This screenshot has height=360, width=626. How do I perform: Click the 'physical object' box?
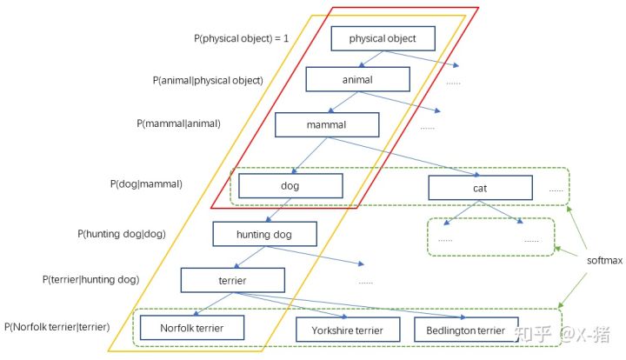[383, 39]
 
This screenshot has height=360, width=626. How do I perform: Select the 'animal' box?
[356, 80]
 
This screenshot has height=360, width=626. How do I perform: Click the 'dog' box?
[289, 185]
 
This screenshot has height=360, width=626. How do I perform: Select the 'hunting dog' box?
[264, 235]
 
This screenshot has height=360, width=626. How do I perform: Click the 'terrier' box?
[232, 281]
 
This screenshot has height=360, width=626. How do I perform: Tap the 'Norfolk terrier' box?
[192, 328]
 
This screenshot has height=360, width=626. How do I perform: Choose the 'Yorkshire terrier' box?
[347, 330]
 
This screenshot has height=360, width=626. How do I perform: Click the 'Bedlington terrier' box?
[460, 330]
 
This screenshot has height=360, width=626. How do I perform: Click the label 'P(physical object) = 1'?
[241, 39]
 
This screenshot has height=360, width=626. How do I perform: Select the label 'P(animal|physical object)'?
[207, 80]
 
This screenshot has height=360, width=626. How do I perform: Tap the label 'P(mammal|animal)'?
[178, 123]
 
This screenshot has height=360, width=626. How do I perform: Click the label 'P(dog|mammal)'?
[146, 184]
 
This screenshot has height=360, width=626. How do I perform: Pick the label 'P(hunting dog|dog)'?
[121, 234]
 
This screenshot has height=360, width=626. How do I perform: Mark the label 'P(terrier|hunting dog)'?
[90, 280]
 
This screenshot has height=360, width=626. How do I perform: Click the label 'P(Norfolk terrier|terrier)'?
[58, 327]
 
